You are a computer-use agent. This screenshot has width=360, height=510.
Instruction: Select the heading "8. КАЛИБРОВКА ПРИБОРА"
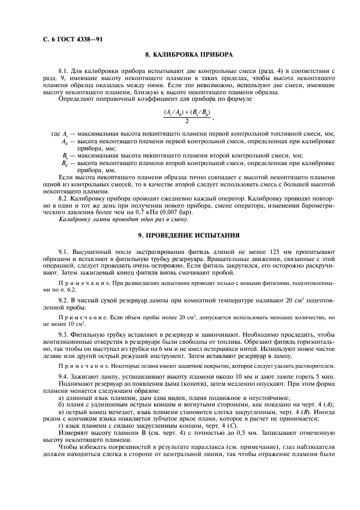click(188, 55)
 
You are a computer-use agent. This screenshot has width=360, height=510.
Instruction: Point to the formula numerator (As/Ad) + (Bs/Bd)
click(186, 112)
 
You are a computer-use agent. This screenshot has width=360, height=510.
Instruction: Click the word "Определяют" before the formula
click(74, 99)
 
